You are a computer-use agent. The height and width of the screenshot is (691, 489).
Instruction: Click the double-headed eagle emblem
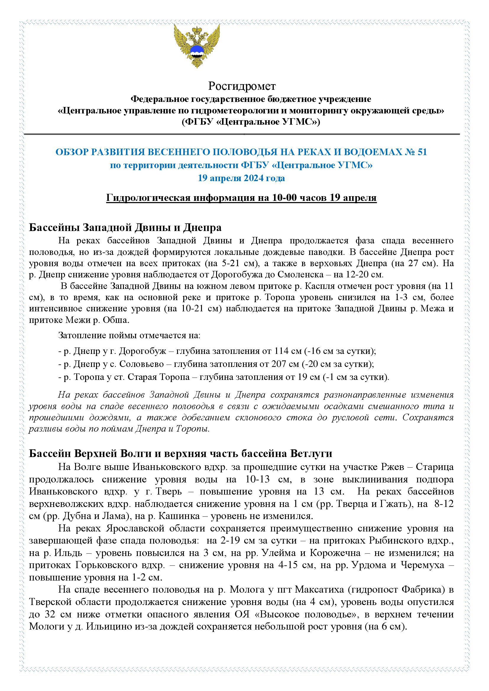click(197, 46)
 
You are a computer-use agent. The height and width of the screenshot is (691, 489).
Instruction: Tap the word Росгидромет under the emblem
click(242, 86)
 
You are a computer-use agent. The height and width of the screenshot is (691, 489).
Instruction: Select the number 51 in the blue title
click(422, 152)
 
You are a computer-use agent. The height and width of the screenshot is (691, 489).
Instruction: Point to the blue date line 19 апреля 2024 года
click(241, 178)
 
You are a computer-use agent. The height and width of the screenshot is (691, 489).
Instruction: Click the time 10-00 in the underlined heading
click(285, 198)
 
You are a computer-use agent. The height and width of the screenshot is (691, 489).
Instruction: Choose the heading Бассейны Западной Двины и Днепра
click(125, 227)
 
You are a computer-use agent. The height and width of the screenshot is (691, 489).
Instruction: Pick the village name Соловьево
click(142, 364)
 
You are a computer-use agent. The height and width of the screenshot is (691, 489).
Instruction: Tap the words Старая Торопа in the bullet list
click(158, 377)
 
